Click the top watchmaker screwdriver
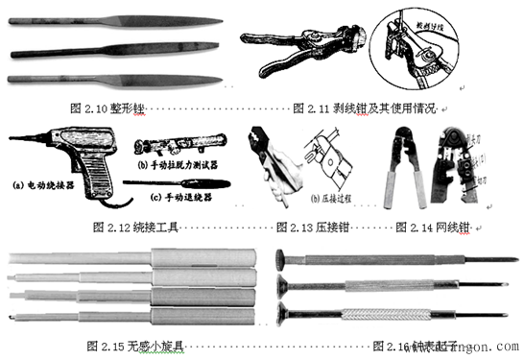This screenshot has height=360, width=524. click(393, 259)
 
